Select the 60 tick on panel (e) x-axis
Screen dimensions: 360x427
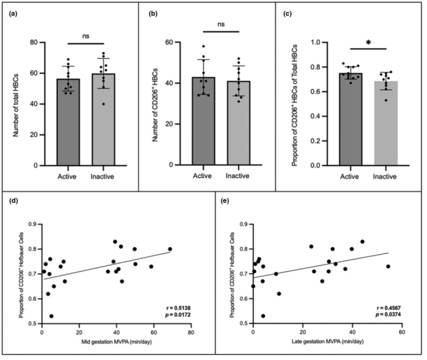tap(401, 331)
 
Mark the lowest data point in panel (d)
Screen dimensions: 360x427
tap(51, 315)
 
